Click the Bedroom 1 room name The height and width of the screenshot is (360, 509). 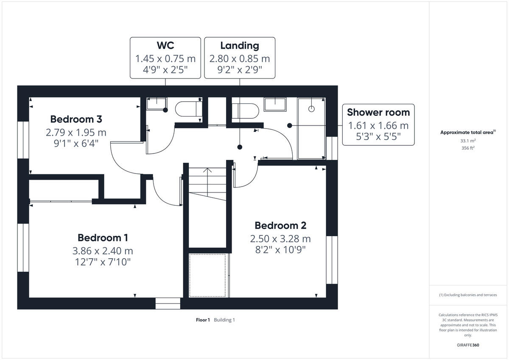103,237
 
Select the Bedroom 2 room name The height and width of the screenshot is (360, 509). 280,226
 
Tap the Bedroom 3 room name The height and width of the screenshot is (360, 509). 76,119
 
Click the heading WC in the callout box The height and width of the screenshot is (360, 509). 165,45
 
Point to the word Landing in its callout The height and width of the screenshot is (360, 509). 239,45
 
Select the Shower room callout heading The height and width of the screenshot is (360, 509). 378,112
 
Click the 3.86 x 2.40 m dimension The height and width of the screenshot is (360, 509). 103,251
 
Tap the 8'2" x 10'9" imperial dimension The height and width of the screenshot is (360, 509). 280,250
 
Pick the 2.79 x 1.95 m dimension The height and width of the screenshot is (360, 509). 76,132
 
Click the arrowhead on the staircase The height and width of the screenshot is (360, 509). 207,170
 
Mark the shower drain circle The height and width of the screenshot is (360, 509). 312,109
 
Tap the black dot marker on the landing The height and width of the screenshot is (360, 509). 240,147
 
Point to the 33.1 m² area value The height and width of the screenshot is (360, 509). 468,141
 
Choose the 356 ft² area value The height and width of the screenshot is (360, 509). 468,148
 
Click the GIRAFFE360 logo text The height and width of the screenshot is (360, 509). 468,345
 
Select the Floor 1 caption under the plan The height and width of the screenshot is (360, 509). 203,320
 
